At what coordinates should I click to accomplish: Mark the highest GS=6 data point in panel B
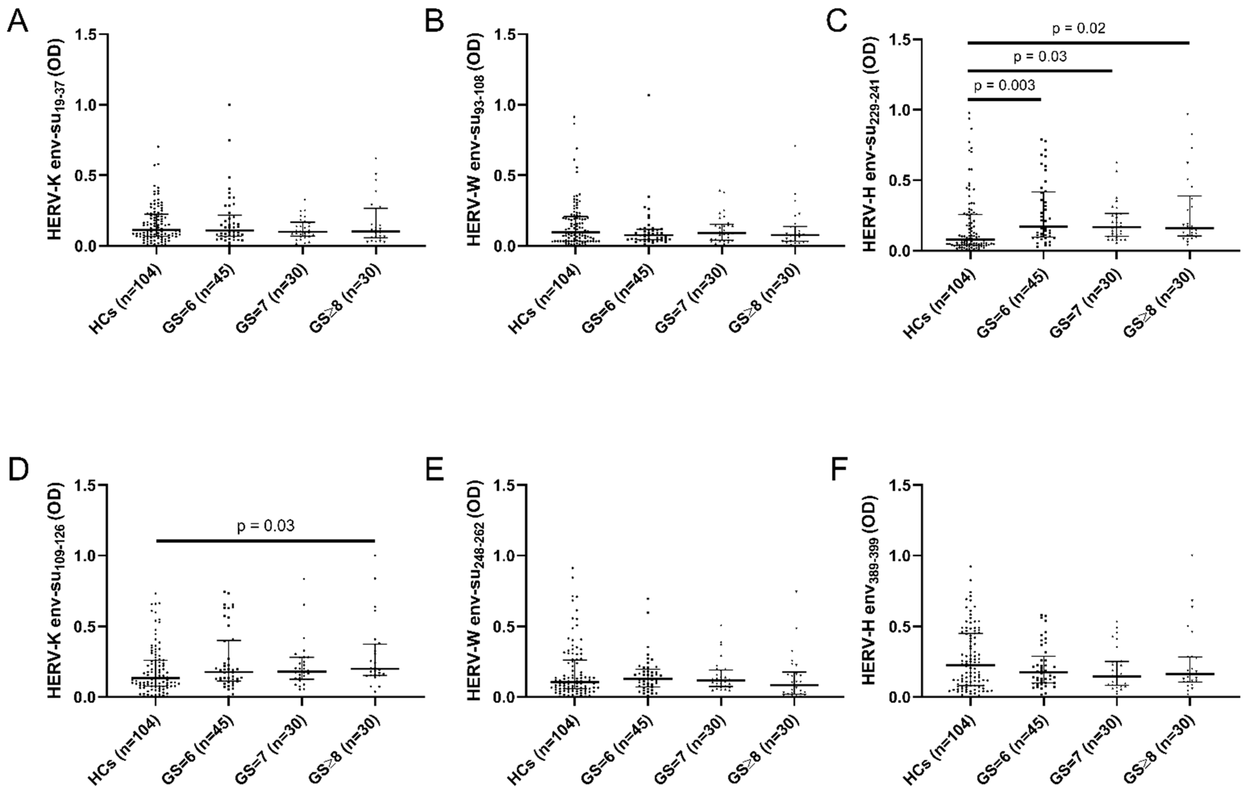(x=648, y=95)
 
